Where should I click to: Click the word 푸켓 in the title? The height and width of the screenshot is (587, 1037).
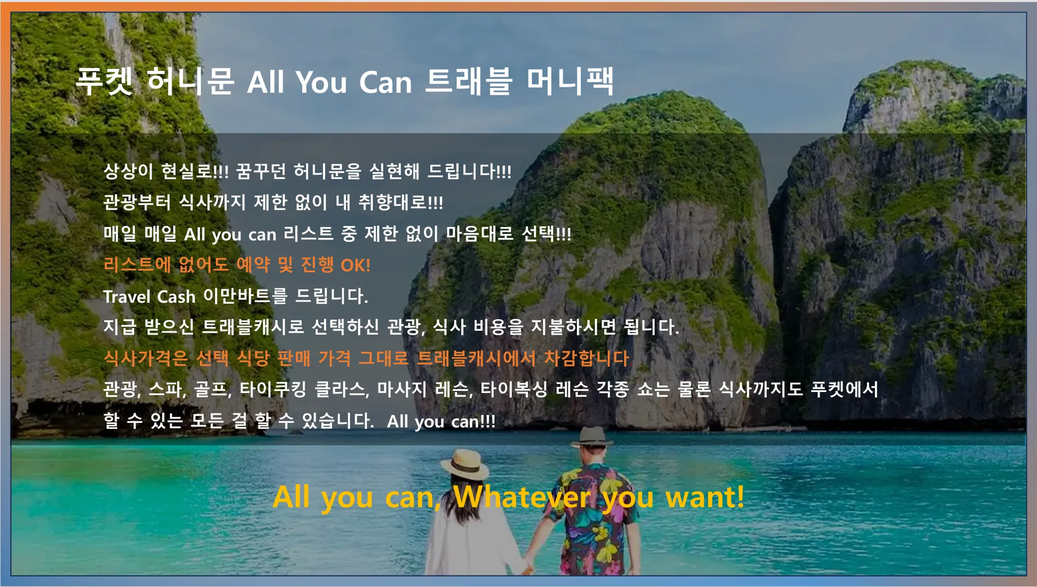coord(104,81)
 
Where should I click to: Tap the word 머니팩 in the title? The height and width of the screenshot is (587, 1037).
coord(570,81)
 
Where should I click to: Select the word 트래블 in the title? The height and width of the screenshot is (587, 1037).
coord(468,81)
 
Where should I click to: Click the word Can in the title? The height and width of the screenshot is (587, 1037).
coord(386,82)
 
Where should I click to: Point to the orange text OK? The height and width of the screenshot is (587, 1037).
coord(355,265)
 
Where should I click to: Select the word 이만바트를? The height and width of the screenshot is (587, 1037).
coord(245,296)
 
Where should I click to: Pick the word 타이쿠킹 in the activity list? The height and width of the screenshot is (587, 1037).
coord(273,389)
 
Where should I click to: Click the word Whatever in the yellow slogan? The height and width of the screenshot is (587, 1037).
coord(522,497)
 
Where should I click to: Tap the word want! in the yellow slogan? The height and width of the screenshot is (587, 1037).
coord(705,497)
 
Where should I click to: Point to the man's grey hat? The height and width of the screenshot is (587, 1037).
coord(592,437)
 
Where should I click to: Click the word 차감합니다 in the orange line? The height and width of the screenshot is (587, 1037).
coord(586,359)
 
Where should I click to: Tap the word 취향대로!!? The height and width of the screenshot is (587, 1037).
coord(401,203)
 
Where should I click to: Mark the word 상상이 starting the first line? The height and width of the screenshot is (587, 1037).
coord(128,171)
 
